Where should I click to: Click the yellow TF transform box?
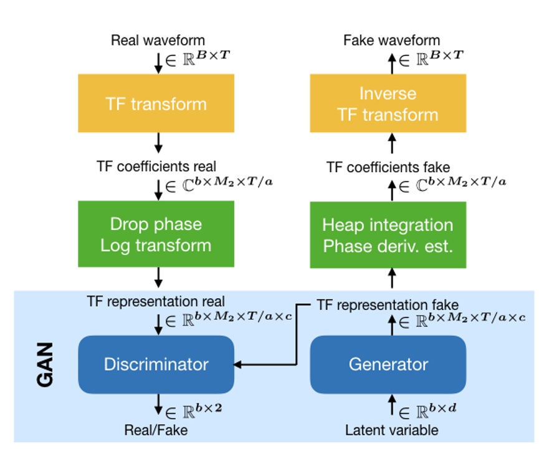(x=156, y=103)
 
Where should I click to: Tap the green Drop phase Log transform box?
(x=156, y=234)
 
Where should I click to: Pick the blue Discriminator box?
(x=156, y=364)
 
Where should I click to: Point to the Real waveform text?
(x=153, y=41)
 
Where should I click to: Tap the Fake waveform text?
(x=391, y=41)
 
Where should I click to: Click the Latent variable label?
(x=392, y=430)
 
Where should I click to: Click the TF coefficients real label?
(x=156, y=167)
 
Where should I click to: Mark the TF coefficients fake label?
(x=388, y=167)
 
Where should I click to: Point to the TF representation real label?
(x=156, y=302)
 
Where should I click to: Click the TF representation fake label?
(x=388, y=305)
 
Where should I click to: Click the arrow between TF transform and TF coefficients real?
(x=158, y=143)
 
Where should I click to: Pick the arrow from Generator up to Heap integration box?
(x=392, y=278)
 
